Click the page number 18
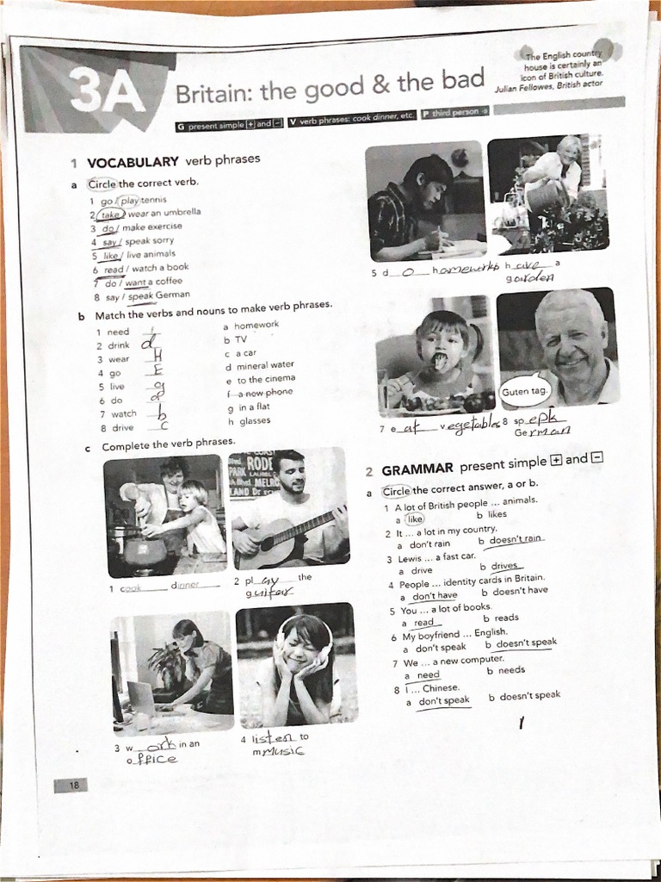coord(74,785)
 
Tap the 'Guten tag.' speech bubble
coord(524,391)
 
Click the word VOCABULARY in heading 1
coord(133,161)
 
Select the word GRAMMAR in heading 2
coord(417,469)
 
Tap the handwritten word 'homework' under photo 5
coord(466,270)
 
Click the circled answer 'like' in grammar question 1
coord(415,519)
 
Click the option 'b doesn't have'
coord(515,591)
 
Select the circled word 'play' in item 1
coord(129,201)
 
